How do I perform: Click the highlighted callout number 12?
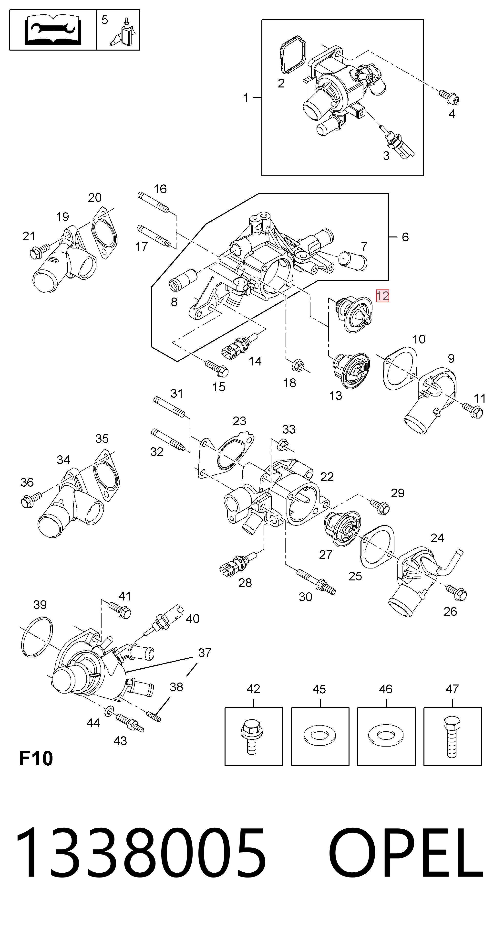coord(382,296)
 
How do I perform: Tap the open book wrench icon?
coord(53,30)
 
